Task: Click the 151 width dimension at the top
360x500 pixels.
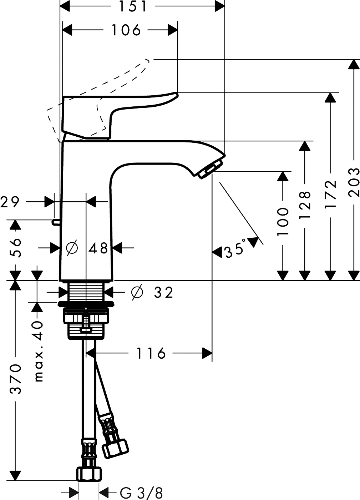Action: (x=133, y=6)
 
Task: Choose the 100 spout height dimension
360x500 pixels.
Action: (x=283, y=222)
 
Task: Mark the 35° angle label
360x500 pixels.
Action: (x=236, y=249)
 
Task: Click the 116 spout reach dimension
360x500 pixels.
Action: (x=151, y=353)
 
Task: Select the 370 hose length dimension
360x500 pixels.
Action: (x=15, y=379)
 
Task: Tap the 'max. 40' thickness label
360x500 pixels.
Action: (x=38, y=351)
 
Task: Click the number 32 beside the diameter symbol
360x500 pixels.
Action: (x=163, y=293)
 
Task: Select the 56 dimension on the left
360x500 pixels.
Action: (x=15, y=248)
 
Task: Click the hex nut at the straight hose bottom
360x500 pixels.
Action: (x=88, y=475)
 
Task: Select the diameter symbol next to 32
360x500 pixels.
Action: (x=137, y=293)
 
